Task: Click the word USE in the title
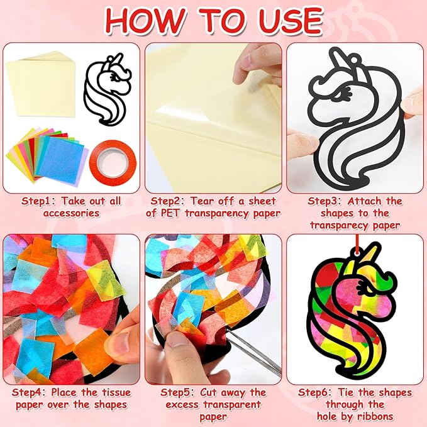coord(291,21)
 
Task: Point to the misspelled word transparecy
coord(339,226)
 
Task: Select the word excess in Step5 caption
coord(182,404)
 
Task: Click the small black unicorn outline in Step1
coord(108,90)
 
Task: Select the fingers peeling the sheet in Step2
coord(256,65)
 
